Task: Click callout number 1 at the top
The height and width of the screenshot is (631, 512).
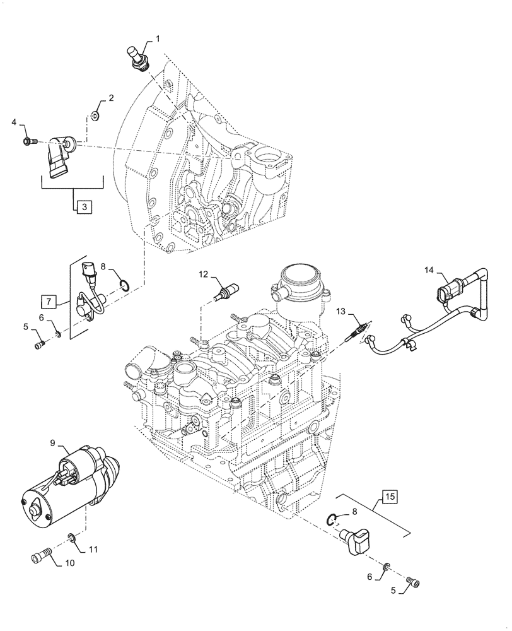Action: click(x=158, y=39)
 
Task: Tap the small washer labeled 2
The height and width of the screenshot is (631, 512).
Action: click(x=94, y=116)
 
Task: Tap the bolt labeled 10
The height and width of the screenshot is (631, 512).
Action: click(x=41, y=558)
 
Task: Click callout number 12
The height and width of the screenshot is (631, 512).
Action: click(x=204, y=274)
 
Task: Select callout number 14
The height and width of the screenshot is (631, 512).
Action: click(x=429, y=271)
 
